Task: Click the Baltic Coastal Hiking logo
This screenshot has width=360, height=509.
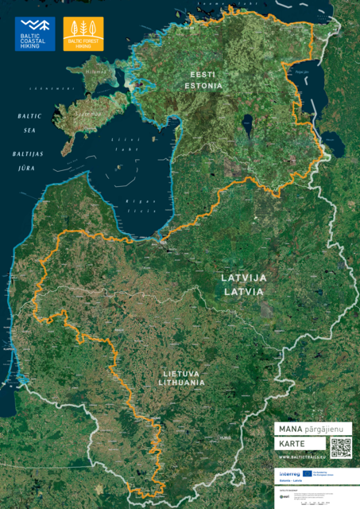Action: (36, 34)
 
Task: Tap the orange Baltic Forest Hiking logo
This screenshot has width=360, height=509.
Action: (83, 34)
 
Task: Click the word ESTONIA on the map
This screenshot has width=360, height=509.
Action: (204, 84)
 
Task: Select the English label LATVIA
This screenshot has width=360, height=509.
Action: (243, 291)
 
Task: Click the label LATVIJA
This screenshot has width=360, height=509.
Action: (243, 278)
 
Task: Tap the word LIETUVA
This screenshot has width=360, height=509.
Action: (182, 372)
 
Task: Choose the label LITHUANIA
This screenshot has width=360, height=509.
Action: (182, 383)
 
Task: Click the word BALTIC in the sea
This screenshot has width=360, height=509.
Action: (29, 116)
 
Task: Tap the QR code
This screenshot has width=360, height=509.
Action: (340, 447)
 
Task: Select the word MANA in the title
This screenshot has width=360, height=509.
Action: (286, 428)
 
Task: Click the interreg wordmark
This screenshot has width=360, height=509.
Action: (289, 474)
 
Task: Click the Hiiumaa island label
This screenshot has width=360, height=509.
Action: (95, 72)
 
